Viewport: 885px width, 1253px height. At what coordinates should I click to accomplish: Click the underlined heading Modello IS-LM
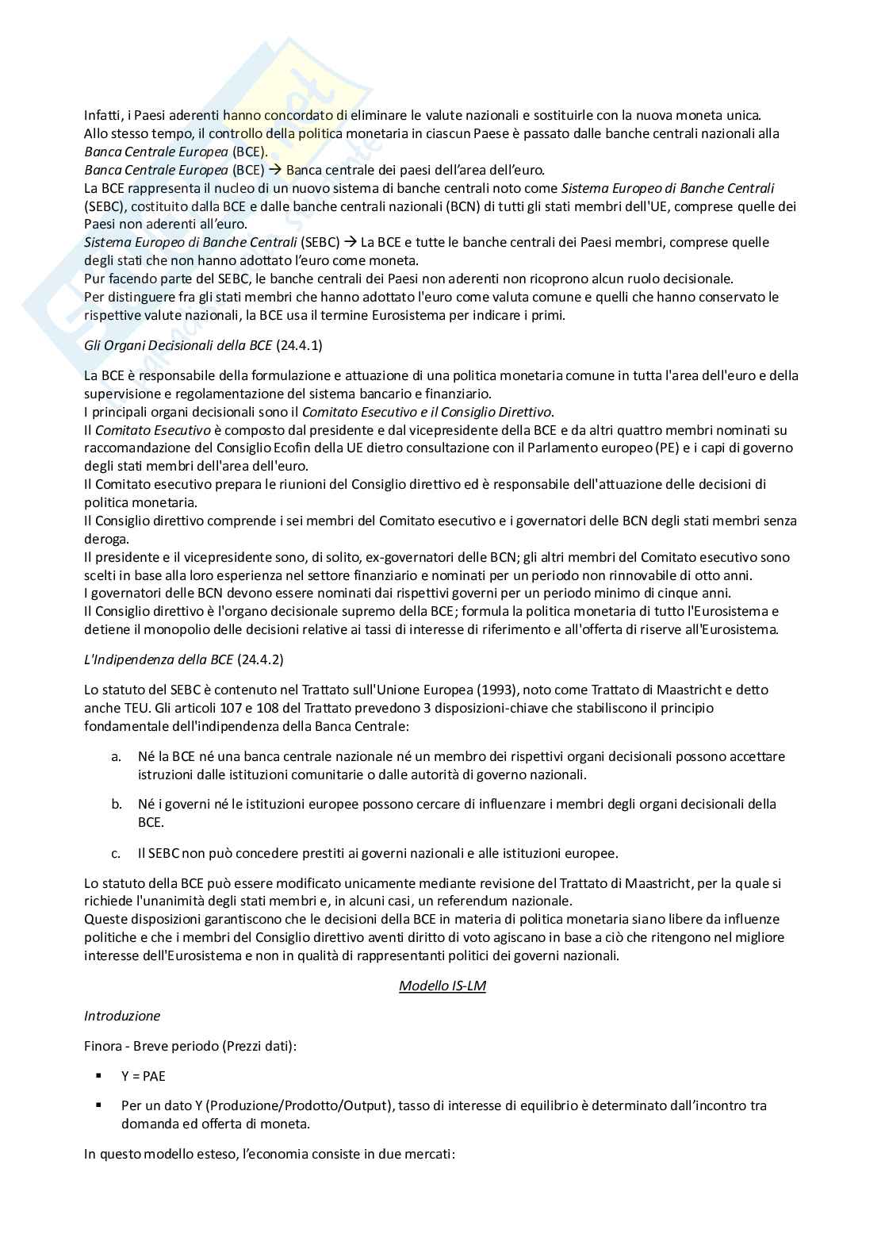(x=442, y=986)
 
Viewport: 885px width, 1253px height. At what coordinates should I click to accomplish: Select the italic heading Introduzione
(x=122, y=1016)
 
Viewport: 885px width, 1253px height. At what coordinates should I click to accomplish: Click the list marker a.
(x=116, y=756)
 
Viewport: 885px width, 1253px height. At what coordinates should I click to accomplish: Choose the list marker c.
(x=116, y=853)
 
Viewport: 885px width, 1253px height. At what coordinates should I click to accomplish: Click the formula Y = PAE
(x=144, y=1076)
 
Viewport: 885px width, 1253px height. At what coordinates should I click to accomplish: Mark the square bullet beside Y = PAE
(x=99, y=1075)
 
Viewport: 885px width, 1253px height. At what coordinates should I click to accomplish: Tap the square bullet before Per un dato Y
(x=99, y=1105)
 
